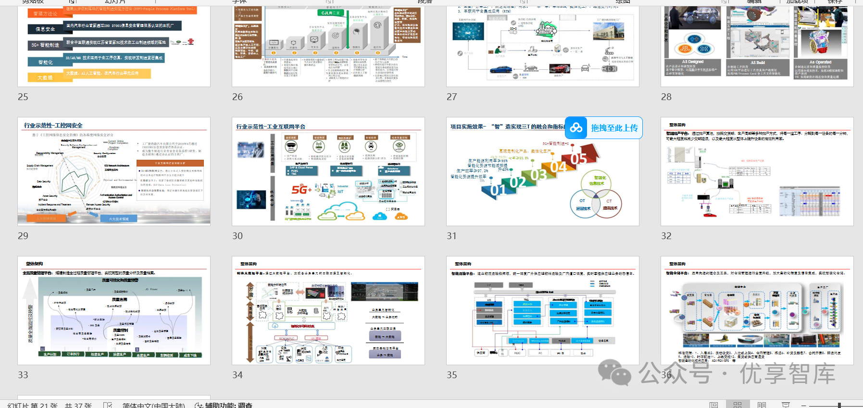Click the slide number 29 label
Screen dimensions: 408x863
pyautogui.click(x=23, y=236)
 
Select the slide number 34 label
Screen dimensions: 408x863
pyautogui.click(x=238, y=375)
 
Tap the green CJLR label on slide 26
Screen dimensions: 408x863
pyautogui.click(x=330, y=13)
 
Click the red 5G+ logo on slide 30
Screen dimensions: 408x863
pyautogui.click(x=301, y=190)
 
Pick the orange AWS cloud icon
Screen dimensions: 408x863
pyautogui.click(x=400, y=217)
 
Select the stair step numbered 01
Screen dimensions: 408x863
pyautogui.click(x=498, y=190)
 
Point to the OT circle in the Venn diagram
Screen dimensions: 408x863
pyautogui.click(x=583, y=204)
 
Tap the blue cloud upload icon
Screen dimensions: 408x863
pyautogui.click(x=576, y=128)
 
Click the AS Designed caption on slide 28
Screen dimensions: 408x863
pyautogui.click(x=692, y=62)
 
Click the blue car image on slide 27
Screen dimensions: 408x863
pyautogui.click(x=501, y=70)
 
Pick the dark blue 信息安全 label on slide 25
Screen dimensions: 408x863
pyautogui.click(x=45, y=29)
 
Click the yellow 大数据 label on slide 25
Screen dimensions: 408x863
pyautogui.click(x=45, y=77)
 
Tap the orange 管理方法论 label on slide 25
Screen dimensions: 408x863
pyautogui.click(x=45, y=14)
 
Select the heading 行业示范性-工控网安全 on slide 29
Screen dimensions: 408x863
pyautogui.click(x=53, y=126)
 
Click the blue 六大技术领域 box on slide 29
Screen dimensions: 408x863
pyautogui.click(x=119, y=218)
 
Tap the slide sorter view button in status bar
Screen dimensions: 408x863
pyautogui.click(x=737, y=405)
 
